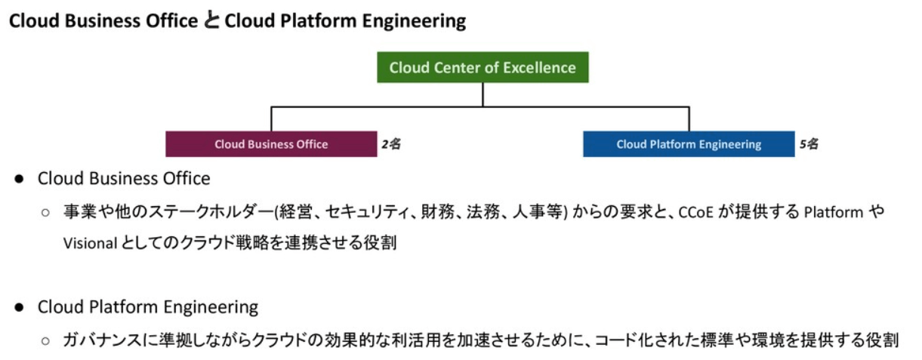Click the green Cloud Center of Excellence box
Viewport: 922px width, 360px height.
[483, 67]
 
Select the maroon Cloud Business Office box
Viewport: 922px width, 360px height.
[271, 144]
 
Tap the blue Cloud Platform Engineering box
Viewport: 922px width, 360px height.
[689, 144]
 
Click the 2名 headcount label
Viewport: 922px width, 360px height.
[391, 144]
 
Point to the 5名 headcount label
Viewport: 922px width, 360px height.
[809, 144]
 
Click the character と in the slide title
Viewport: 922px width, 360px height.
[211, 20]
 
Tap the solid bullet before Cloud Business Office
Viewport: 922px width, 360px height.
[19, 179]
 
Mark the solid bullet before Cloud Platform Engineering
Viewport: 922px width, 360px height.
[19, 307]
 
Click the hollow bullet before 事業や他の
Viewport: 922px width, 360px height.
[46, 213]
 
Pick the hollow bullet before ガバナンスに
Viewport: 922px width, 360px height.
[46, 340]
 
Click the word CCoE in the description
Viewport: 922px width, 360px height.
[695, 212]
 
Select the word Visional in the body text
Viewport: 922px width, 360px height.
[90, 243]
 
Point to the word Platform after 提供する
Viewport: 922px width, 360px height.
[834, 212]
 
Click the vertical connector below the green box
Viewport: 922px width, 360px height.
[483, 94]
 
